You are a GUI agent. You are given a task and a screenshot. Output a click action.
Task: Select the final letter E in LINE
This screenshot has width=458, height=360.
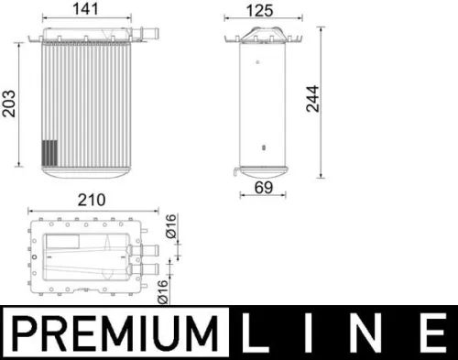coord(427,331)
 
